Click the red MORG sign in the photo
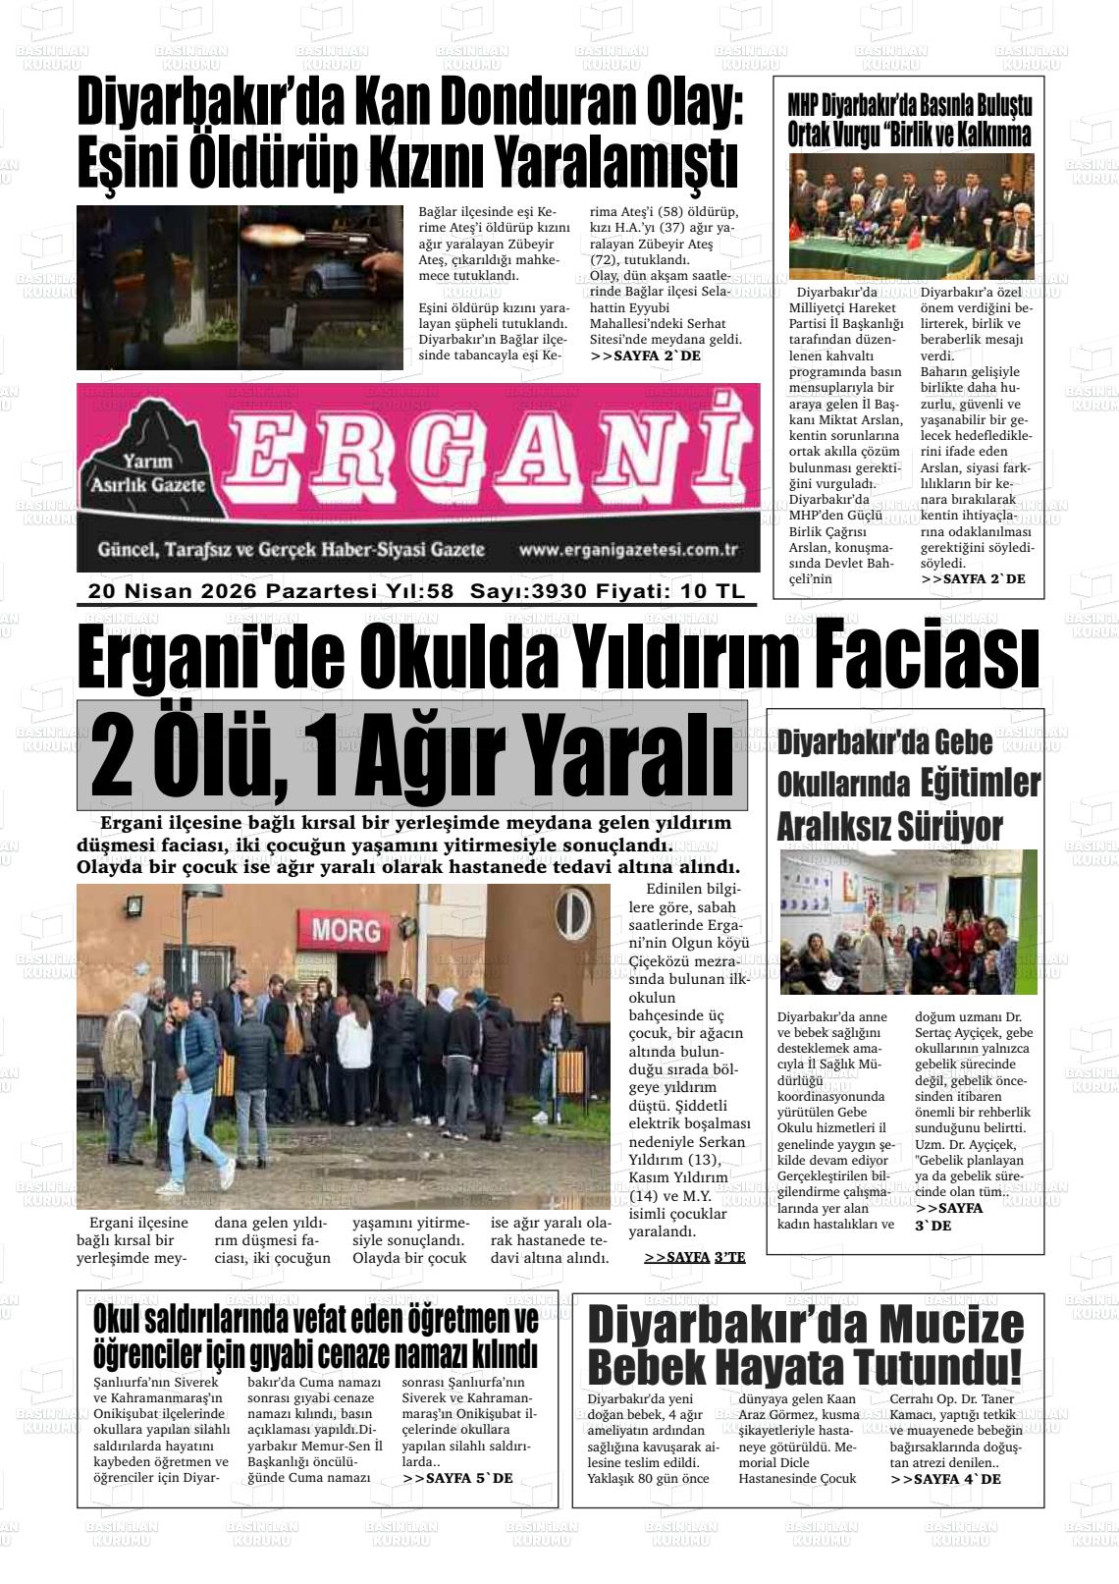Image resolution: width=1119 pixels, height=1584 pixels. click(x=346, y=929)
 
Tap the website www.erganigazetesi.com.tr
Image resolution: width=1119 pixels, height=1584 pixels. click(x=627, y=550)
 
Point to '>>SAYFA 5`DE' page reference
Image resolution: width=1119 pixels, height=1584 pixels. click(x=456, y=1477)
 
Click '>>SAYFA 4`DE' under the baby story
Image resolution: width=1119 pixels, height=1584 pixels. click(x=945, y=1478)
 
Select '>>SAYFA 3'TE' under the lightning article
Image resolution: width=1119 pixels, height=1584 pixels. click(x=694, y=1256)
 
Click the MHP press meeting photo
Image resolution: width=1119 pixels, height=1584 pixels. click(x=911, y=216)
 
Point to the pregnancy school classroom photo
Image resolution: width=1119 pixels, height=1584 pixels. click(x=908, y=921)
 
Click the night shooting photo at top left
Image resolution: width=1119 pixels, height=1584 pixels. click(x=240, y=287)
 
